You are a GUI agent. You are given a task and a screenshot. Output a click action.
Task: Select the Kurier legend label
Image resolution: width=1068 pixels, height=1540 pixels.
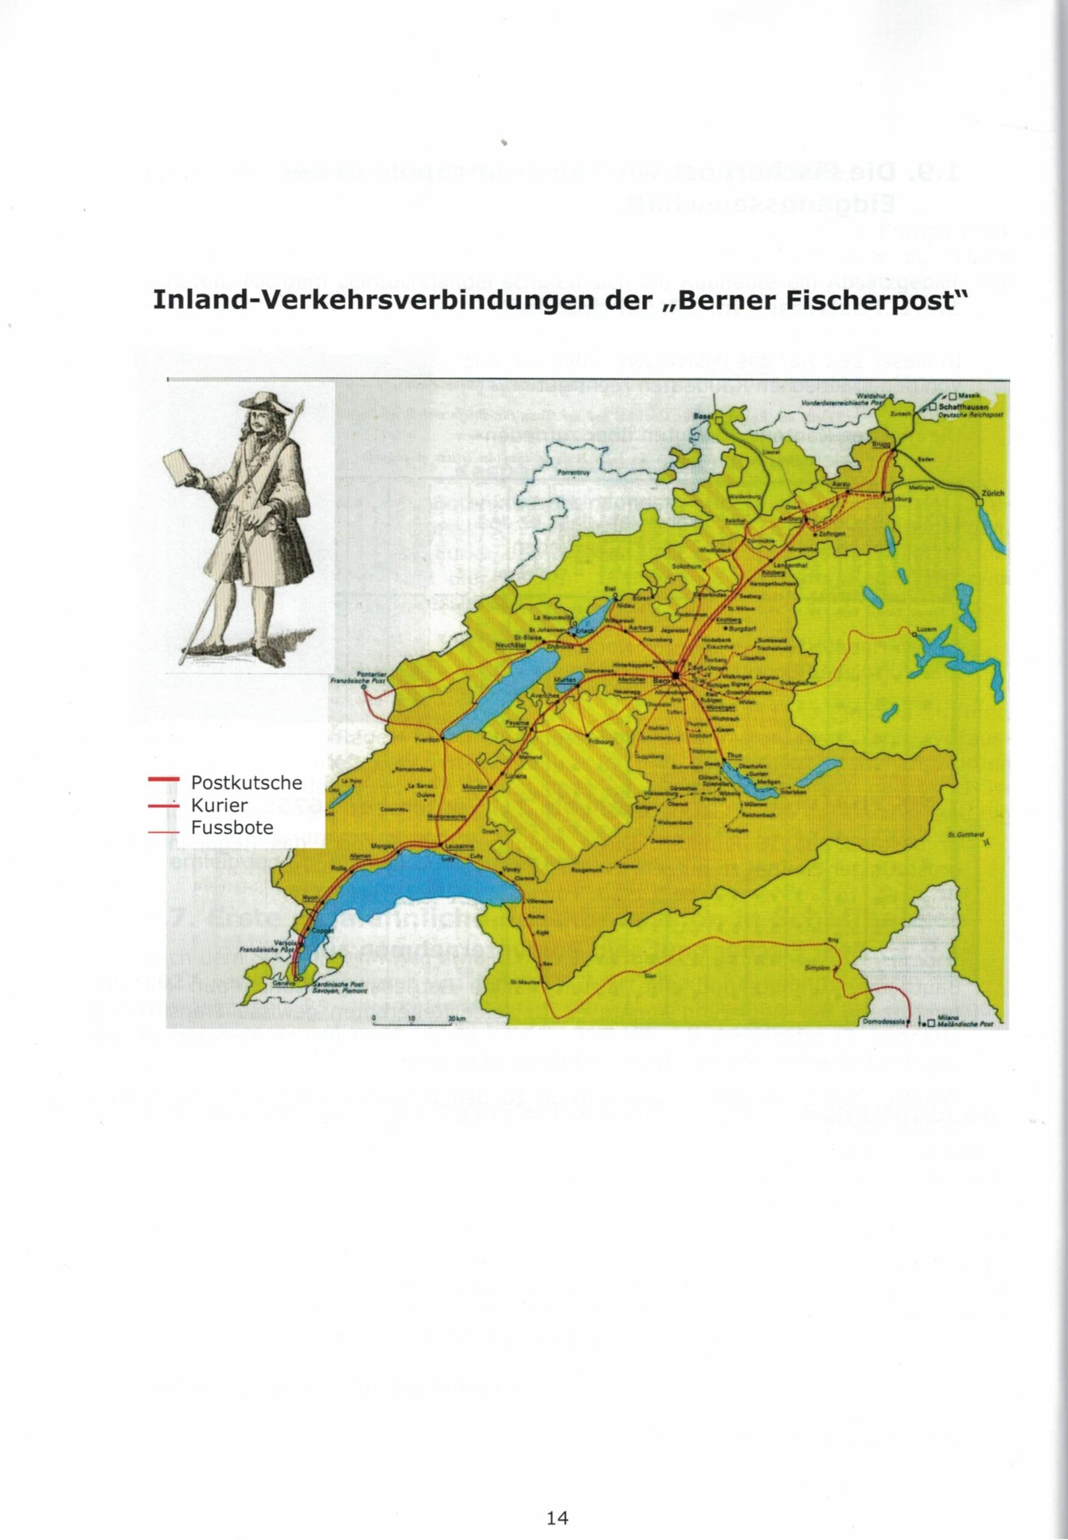click(219, 804)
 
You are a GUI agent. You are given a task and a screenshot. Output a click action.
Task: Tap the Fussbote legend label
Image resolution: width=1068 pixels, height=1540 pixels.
click(232, 827)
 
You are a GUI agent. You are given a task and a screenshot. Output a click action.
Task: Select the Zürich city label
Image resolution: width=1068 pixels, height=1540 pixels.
click(992, 493)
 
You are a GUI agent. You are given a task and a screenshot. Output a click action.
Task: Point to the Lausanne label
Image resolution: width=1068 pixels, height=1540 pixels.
click(458, 845)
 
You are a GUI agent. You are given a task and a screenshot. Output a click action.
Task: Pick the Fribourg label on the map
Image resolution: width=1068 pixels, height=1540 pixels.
click(600, 742)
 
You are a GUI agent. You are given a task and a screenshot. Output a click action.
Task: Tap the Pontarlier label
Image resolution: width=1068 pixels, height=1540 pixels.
click(368, 673)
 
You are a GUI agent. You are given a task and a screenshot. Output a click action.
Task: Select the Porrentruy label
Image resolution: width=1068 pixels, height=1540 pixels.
click(571, 471)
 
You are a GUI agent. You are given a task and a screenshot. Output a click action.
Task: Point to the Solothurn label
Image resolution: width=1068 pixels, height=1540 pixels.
click(686, 566)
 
